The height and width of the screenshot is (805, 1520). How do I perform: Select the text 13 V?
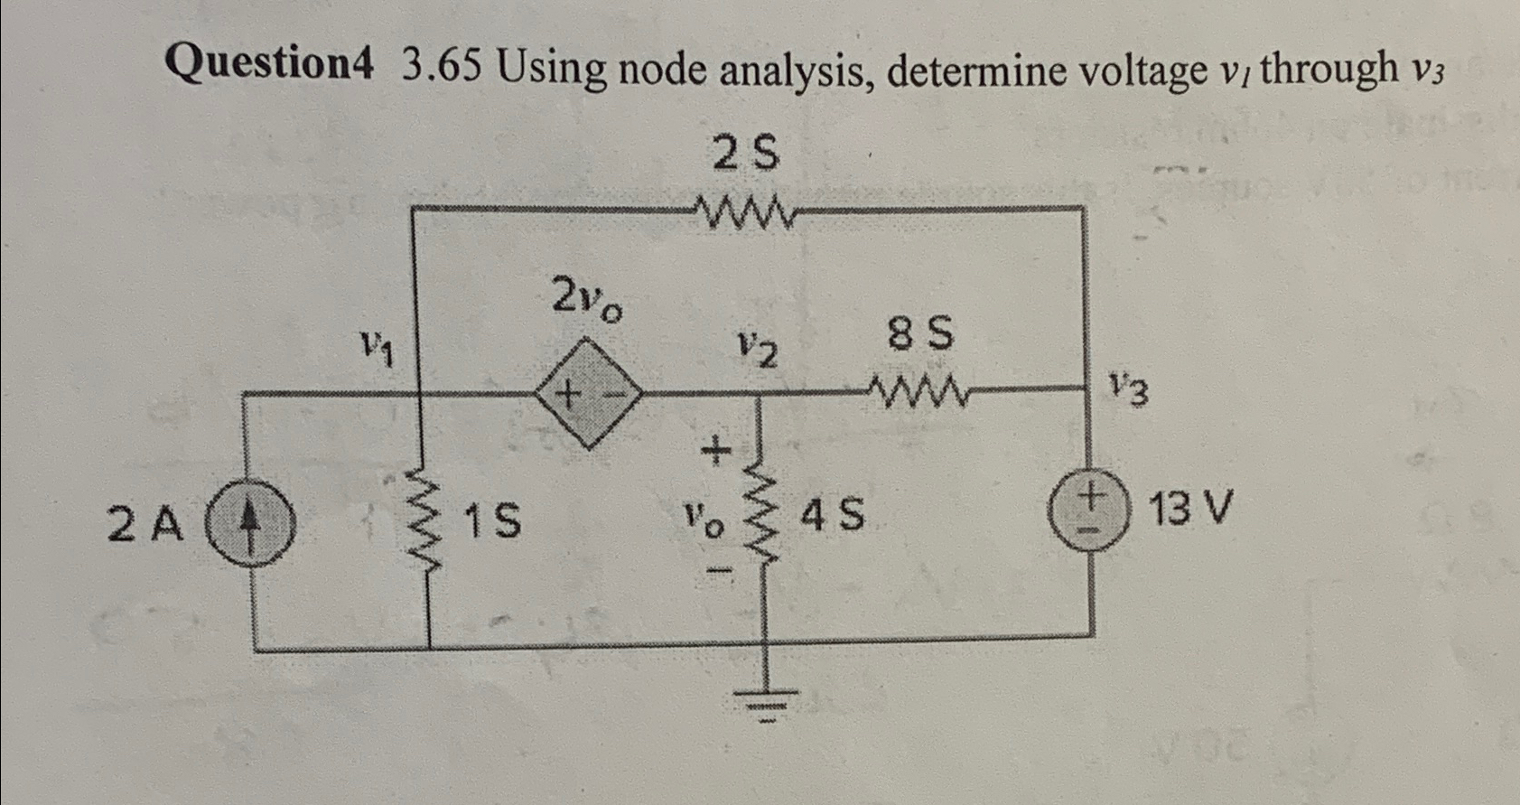coord(1190,510)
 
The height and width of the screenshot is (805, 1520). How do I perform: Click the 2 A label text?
coord(145,525)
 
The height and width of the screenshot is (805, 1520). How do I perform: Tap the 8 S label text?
coord(920,335)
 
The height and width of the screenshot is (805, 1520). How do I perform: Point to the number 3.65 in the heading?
coord(442,66)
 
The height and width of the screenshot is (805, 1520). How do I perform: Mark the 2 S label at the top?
coord(746,154)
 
